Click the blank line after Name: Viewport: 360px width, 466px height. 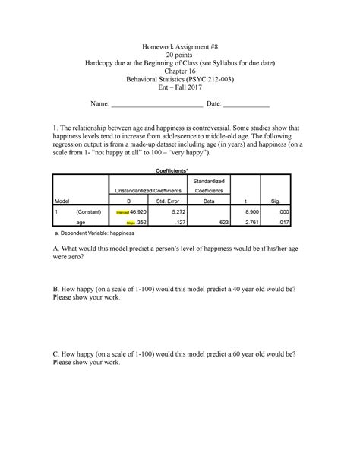click(156, 104)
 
